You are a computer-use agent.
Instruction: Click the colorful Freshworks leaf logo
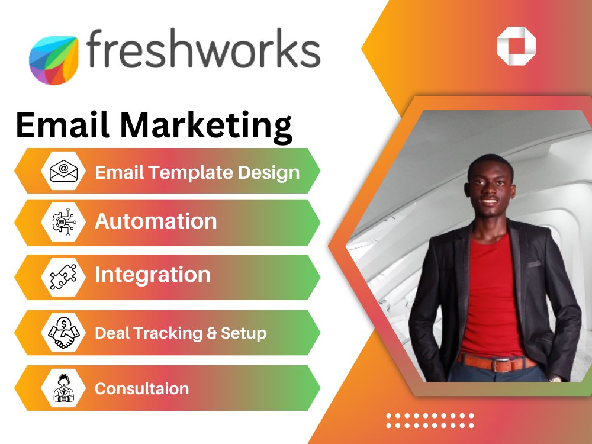pyautogui.click(x=53, y=60)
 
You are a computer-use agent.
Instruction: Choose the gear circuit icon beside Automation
pyautogui.click(x=63, y=223)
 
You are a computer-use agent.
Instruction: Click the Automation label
pyautogui.click(x=156, y=221)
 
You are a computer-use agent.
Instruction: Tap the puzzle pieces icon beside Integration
pyautogui.click(x=63, y=276)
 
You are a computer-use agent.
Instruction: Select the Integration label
pyautogui.click(x=153, y=275)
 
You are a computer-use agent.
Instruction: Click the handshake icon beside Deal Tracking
pyautogui.click(x=63, y=332)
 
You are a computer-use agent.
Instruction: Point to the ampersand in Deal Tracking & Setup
pyautogui.click(x=211, y=333)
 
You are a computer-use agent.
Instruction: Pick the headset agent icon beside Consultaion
pyautogui.click(x=63, y=388)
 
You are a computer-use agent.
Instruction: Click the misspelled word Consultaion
pyautogui.click(x=141, y=389)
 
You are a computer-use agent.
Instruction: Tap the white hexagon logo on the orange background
pyautogui.click(x=516, y=46)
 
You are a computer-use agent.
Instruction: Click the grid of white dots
pyautogui.click(x=430, y=420)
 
